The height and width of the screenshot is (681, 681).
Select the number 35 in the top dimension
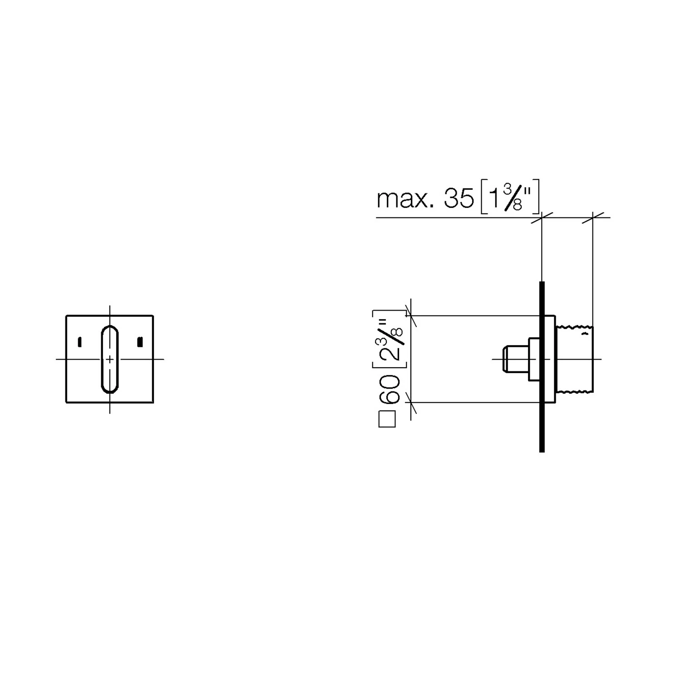(x=459, y=199)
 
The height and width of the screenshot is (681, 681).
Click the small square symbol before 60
(x=387, y=419)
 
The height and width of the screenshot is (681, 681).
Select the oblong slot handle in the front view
(x=110, y=359)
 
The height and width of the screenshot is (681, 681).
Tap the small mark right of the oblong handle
(x=140, y=342)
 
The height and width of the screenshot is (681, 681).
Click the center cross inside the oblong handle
(x=110, y=359)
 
